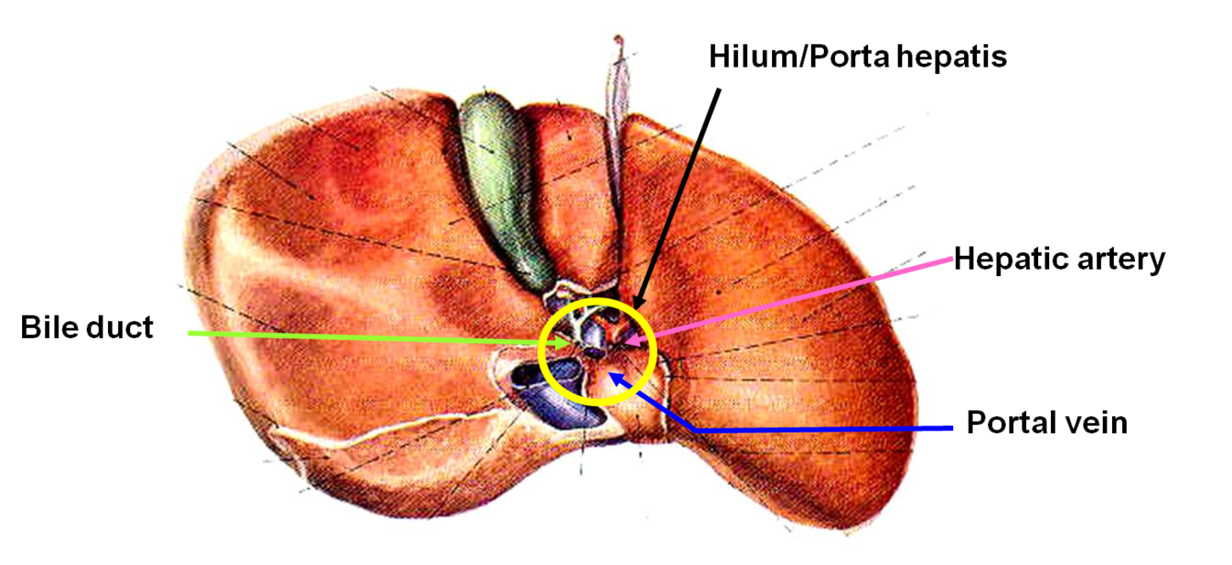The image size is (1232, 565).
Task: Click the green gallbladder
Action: tap(499, 185)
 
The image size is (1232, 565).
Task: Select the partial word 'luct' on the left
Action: tap(127, 328)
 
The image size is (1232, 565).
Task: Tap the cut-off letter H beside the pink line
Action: tap(963, 258)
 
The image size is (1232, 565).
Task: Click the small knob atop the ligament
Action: tap(619, 41)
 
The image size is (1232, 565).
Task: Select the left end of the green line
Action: tap(190, 332)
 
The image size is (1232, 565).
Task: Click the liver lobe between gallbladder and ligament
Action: tap(568, 185)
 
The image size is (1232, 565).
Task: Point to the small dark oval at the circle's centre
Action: tap(597, 352)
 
